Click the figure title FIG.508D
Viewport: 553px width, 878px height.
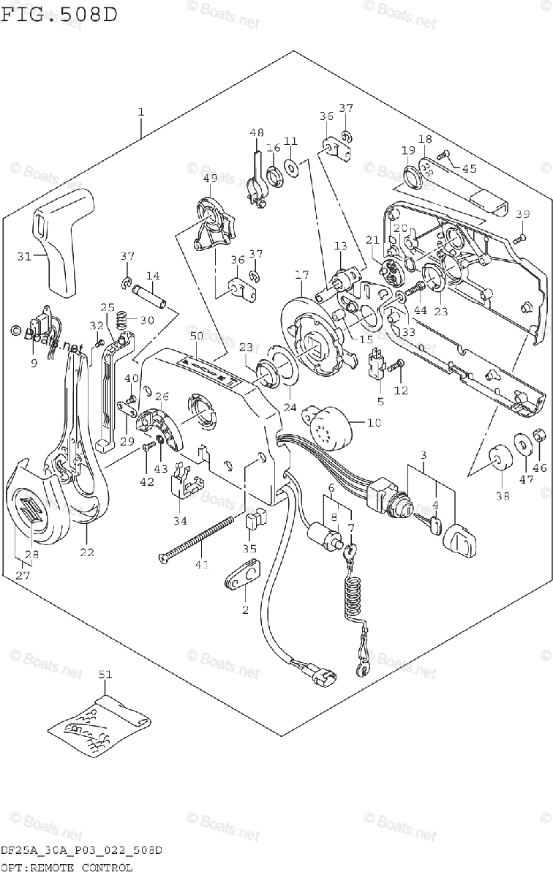point(59,14)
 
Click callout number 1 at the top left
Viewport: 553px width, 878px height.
point(140,112)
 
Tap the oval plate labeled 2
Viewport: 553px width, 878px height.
point(240,579)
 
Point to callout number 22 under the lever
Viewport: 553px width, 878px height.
point(86,552)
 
